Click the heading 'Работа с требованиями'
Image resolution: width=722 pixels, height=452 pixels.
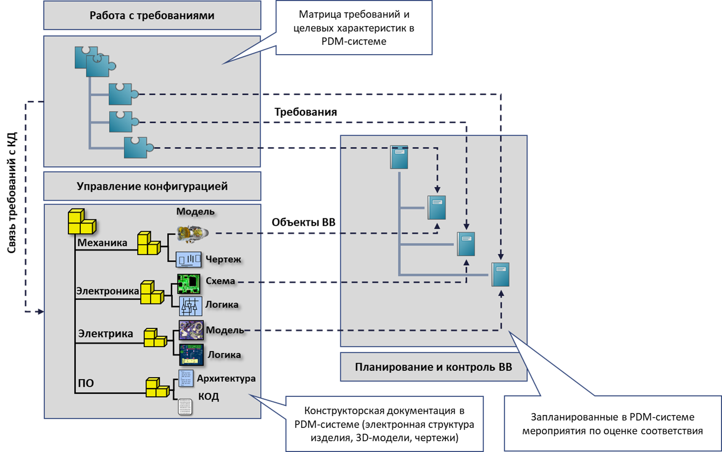coord(151,15)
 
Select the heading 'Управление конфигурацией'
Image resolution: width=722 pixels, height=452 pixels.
coord(152,186)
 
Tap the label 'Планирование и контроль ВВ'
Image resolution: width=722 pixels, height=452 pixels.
coord(433,367)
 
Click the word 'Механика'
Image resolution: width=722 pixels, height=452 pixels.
coord(102,242)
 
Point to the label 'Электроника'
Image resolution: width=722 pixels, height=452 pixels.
coord(107,291)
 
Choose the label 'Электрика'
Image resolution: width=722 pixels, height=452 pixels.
coord(105,333)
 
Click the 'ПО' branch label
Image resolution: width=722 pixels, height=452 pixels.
coord(86,383)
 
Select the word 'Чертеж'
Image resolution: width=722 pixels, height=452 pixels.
coord(223,259)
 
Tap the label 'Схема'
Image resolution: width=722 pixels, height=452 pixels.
coord(220,281)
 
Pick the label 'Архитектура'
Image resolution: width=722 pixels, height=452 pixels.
coord(226,378)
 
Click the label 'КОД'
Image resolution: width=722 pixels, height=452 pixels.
coord(209,396)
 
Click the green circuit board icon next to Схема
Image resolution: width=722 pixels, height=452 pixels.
coord(189,283)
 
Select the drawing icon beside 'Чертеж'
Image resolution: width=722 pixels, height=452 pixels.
coord(189,259)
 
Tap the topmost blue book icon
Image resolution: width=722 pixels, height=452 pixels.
coord(399,157)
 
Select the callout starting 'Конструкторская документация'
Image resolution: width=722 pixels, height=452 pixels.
coord(384,424)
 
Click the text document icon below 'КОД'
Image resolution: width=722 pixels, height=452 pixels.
coord(185,407)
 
